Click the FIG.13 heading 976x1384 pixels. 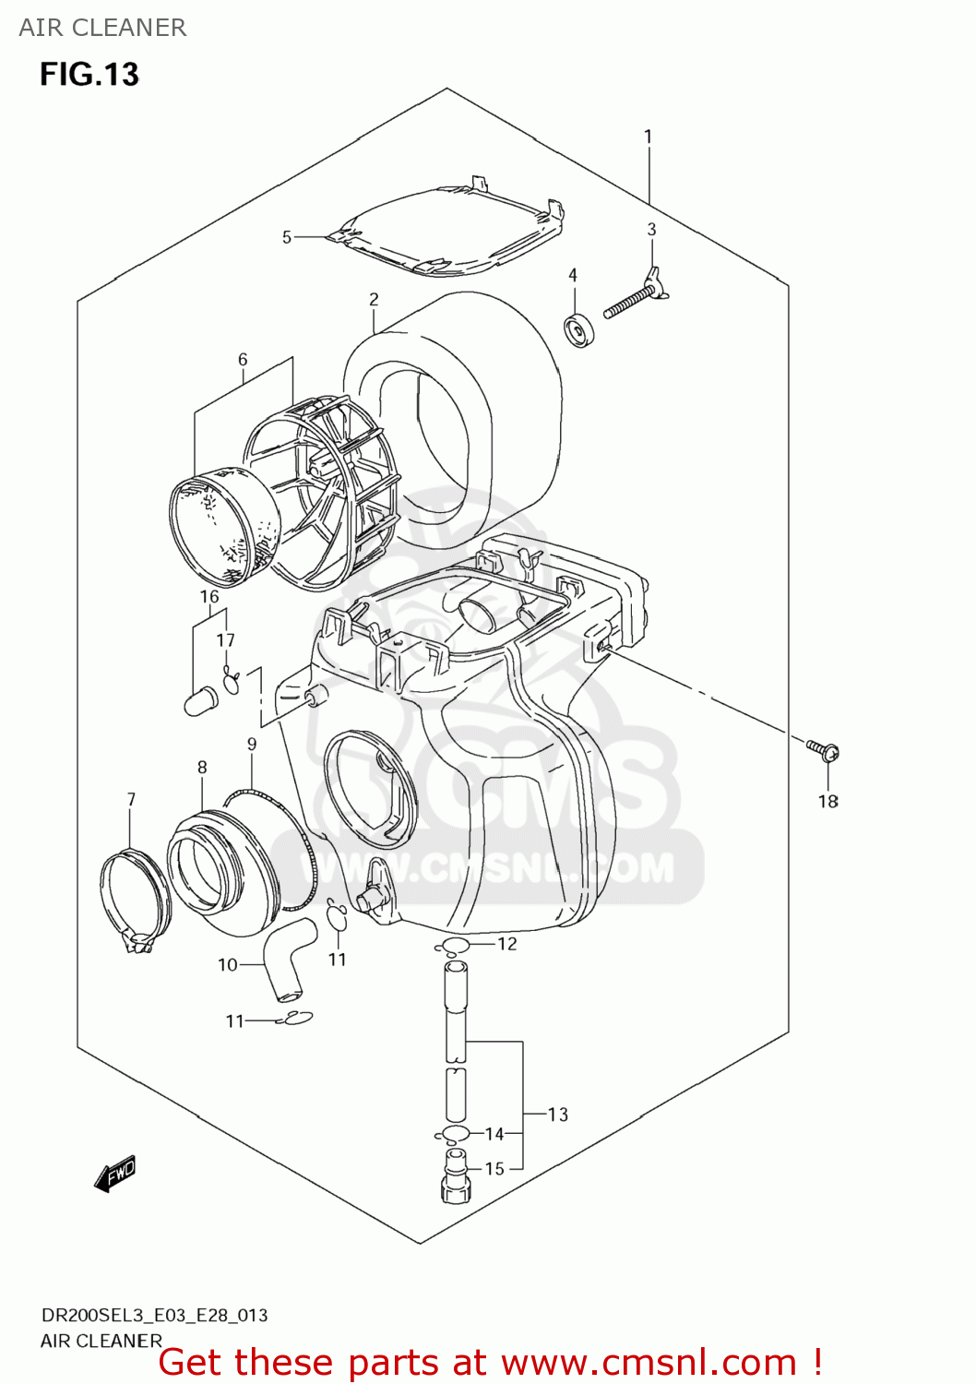89,75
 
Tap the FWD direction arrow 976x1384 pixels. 115,1175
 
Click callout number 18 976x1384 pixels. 827,802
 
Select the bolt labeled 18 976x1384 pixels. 823,749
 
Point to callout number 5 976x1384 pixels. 287,238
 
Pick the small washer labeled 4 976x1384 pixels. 579,329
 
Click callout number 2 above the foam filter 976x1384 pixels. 374,300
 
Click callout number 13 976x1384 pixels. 557,1115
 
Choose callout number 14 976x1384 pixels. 494,1134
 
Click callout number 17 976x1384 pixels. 225,640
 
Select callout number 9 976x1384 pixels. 252,745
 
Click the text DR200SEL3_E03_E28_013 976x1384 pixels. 154,1316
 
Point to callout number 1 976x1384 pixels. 648,137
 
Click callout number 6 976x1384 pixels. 243,360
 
